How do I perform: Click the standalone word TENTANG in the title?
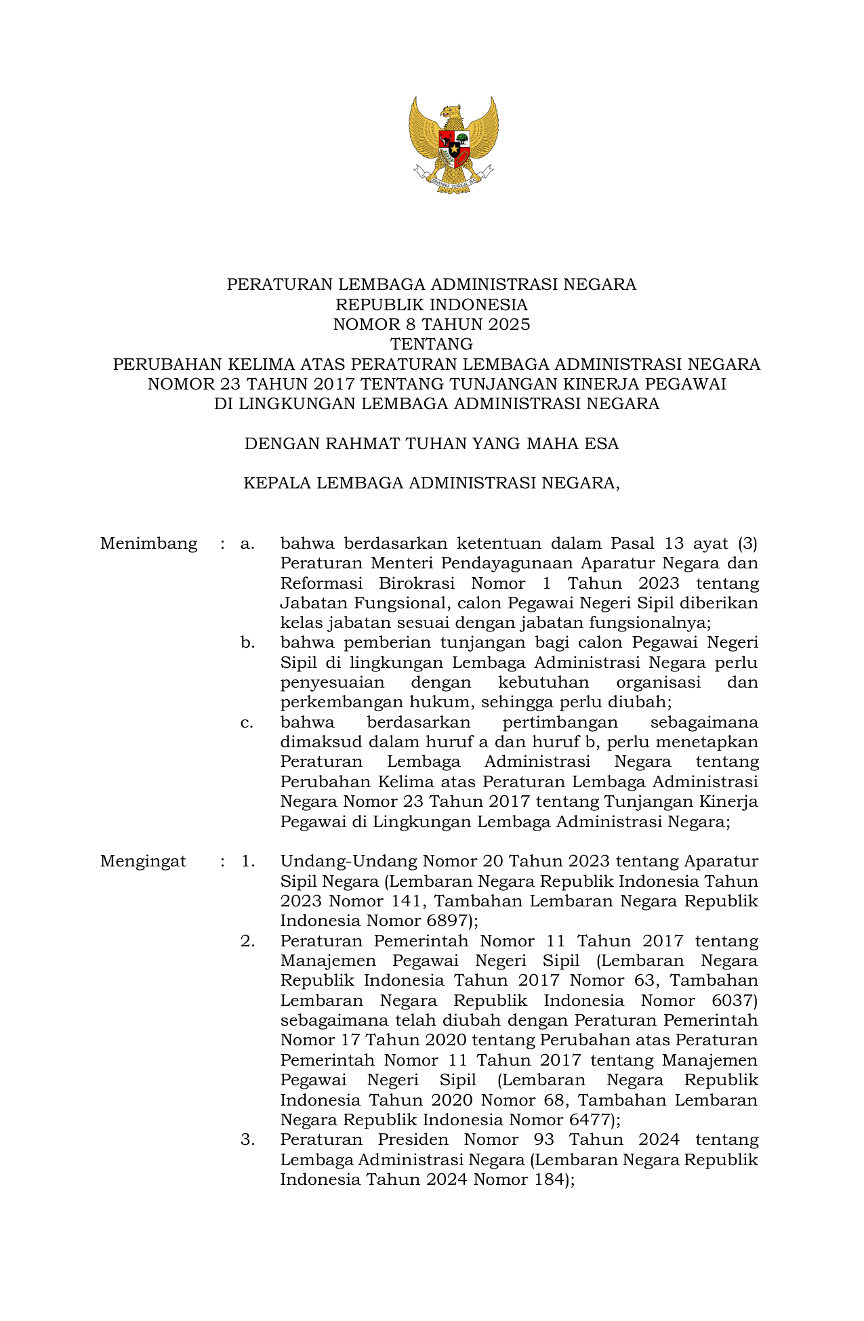coord(431,344)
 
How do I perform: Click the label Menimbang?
coord(148,544)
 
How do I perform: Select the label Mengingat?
coord(143,862)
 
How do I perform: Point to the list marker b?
coord(247,643)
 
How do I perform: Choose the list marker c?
coord(247,723)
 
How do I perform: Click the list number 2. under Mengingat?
coord(247,941)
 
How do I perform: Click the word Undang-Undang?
coord(348,862)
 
